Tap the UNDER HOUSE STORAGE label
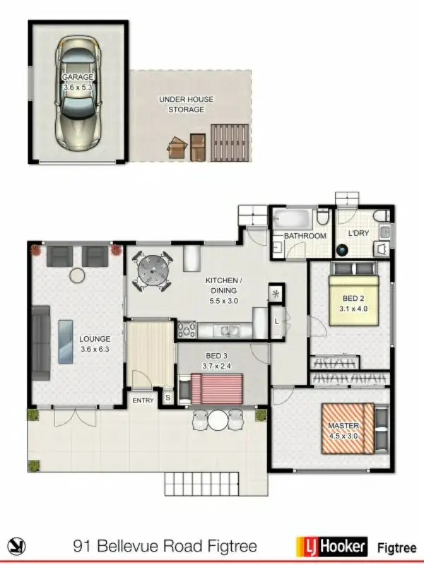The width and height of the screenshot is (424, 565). [186, 105]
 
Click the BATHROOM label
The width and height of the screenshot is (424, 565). [305, 236]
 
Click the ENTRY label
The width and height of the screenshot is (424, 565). [143, 400]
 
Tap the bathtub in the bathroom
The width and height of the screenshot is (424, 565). [294, 216]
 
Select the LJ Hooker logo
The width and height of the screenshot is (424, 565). [331, 545]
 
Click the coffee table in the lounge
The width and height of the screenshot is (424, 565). [65, 341]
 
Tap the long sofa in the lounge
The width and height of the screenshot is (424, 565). [40, 343]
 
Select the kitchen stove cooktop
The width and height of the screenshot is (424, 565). [187, 329]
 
